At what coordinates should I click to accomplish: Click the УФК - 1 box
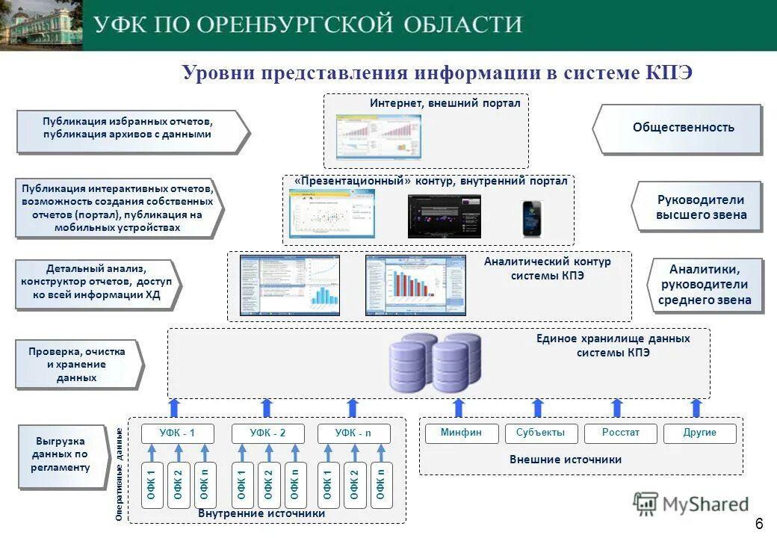tap(177, 433)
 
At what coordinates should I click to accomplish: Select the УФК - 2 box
tap(267, 433)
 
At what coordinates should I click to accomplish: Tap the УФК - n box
tap(353, 433)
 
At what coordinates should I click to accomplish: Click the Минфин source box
tap(461, 433)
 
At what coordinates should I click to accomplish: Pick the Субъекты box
tap(540, 433)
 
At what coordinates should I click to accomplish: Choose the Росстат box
tap(620, 433)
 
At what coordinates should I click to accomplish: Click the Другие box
tap(699, 433)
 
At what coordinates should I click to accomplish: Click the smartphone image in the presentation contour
tap(531, 218)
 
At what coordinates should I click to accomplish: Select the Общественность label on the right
tap(683, 128)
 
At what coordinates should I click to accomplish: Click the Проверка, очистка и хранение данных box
tap(77, 365)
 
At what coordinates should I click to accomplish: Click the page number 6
tap(758, 522)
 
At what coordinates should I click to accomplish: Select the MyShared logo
tap(691, 504)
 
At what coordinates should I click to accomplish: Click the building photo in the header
tap(41, 25)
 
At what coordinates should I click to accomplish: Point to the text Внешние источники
tap(565, 460)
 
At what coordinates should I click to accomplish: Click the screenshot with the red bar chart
tap(415, 285)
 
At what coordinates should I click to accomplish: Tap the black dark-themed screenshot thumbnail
tap(444, 217)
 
